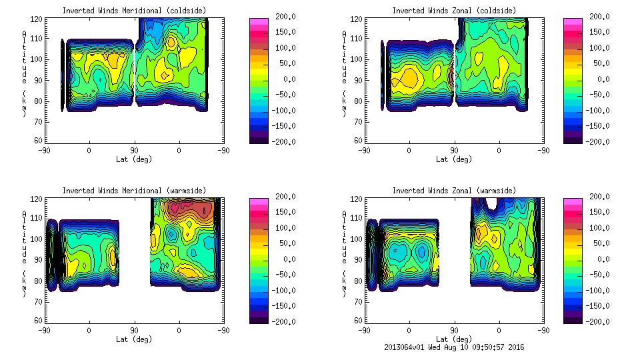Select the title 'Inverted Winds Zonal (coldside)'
453,10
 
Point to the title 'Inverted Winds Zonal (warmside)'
453,190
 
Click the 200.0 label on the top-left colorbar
281,16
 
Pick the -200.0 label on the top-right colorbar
595,141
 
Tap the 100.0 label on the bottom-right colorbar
595,227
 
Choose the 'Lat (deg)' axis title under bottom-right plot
454,339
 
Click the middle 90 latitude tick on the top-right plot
454,150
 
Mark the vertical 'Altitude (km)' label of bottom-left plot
25,247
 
